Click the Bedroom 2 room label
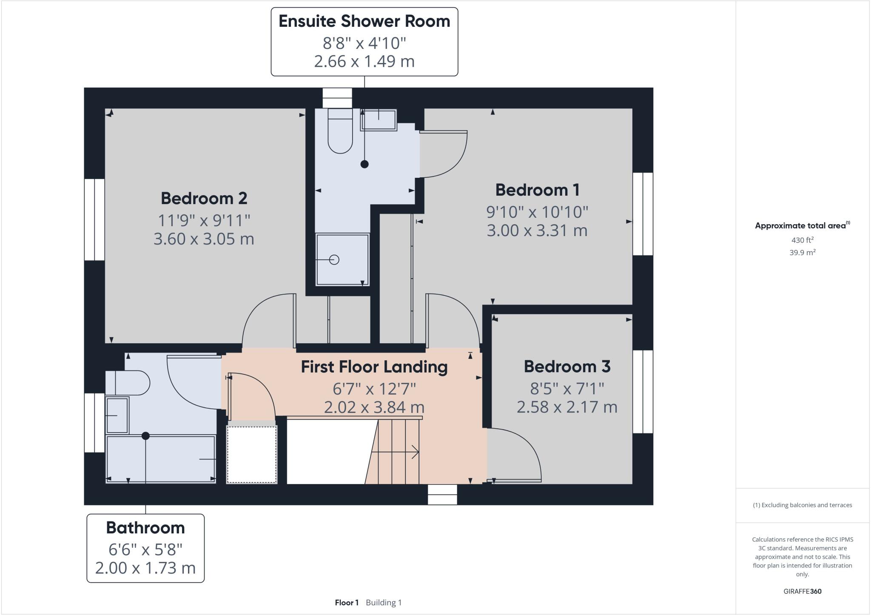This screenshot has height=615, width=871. click(x=204, y=198)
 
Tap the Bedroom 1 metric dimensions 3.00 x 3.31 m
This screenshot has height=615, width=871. click(x=537, y=231)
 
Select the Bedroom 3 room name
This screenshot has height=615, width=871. click(x=567, y=367)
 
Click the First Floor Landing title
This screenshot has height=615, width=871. click(x=374, y=367)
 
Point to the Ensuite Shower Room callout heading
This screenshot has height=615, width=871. click(x=364, y=22)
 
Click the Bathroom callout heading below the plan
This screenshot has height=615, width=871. click(x=145, y=528)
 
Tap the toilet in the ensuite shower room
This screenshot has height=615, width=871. click(x=340, y=132)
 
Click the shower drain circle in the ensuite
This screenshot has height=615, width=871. click(x=334, y=259)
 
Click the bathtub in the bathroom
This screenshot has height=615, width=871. click(x=161, y=459)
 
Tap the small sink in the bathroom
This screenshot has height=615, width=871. click(x=117, y=416)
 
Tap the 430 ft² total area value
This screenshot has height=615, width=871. click(x=802, y=240)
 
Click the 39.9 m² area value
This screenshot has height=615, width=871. click(x=802, y=253)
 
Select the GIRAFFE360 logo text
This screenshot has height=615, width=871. click(x=802, y=591)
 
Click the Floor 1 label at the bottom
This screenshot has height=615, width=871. click(x=347, y=603)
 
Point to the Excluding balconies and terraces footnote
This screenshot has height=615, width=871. click(x=802, y=505)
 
